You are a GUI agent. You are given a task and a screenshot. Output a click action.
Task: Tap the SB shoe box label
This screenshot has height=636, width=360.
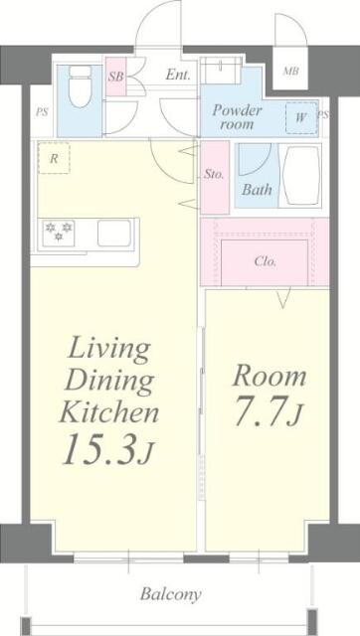(x=115, y=76)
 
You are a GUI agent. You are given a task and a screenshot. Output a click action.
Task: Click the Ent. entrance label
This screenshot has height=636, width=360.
(x=178, y=75)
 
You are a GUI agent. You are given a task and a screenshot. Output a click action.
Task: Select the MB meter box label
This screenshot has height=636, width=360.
(x=290, y=72)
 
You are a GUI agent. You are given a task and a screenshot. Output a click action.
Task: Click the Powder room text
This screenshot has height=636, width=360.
(x=238, y=116)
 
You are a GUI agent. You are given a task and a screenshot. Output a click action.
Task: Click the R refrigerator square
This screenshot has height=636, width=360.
(x=54, y=158)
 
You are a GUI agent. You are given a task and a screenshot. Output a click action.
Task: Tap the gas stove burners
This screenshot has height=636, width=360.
(x=59, y=234)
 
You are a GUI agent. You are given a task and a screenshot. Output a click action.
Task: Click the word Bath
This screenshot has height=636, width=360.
(x=257, y=188)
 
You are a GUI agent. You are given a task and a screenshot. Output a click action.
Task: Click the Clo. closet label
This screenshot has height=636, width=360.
(x=266, y=262)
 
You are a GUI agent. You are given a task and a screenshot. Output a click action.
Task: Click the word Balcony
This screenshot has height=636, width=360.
(x=170, y=594)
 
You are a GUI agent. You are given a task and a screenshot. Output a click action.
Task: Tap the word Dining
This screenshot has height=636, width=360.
(x=109, y=380)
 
